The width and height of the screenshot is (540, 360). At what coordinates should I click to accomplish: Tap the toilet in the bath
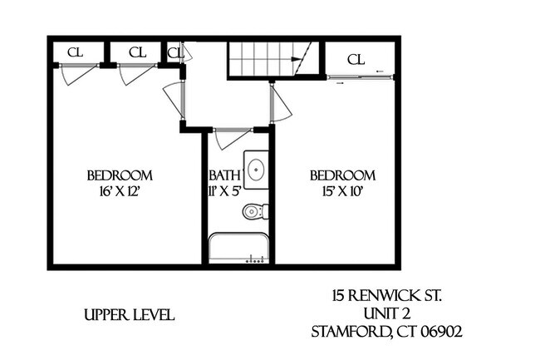click(x=254, y=212)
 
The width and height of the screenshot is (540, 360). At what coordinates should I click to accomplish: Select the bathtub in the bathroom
click(x=239, y=249)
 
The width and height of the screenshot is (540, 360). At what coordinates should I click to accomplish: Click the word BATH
click(x=225, y=175)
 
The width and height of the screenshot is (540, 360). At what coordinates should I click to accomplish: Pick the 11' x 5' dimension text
click(x=225, y=190)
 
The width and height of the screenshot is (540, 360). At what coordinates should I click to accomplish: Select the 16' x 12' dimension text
click(x=120, y=190)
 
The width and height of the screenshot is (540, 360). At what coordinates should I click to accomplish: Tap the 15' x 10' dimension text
click(x=342, y=190)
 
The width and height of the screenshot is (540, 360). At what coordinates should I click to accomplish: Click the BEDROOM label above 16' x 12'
click(x=120, y=175)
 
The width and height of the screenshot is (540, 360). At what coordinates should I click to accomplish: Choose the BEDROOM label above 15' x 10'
click(x=342, y=175)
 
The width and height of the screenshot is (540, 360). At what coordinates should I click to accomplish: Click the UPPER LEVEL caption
click(x=129, y=315)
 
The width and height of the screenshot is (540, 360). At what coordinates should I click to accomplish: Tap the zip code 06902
click(x=442, y=331)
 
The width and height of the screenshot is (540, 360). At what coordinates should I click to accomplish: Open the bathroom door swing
click(x=232, y=137)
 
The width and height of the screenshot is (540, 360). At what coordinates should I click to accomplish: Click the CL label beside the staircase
click(x=356, y=59)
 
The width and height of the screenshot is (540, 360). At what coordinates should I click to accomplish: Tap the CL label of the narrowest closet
click(x=174, y=53)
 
